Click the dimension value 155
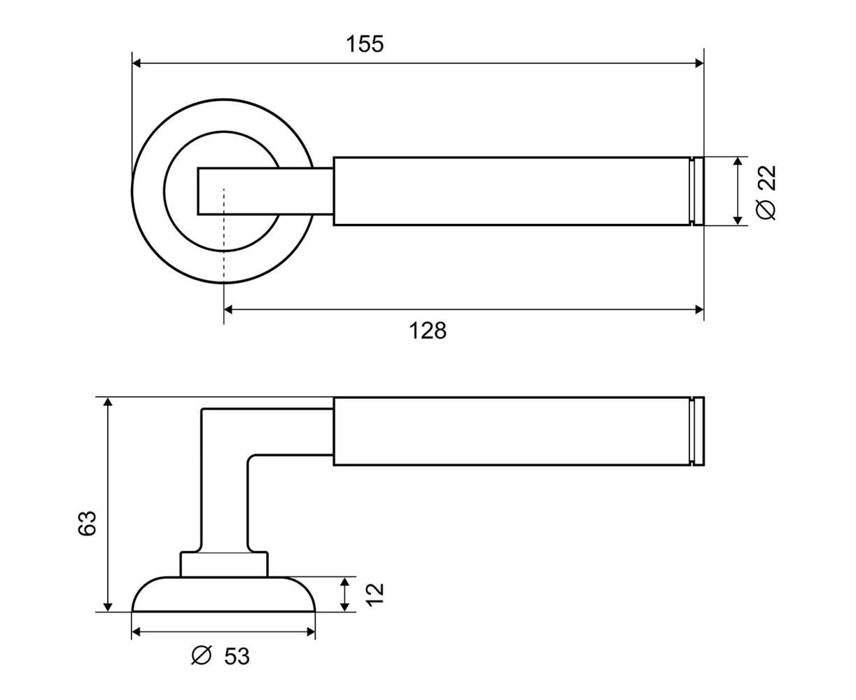365,44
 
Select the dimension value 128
427,330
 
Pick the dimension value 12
376,593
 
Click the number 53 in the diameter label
237,657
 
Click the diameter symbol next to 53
201,656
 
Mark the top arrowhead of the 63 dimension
107,402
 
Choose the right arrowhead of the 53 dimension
310,632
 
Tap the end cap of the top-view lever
696,191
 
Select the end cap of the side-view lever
696,431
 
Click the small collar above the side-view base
224,564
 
